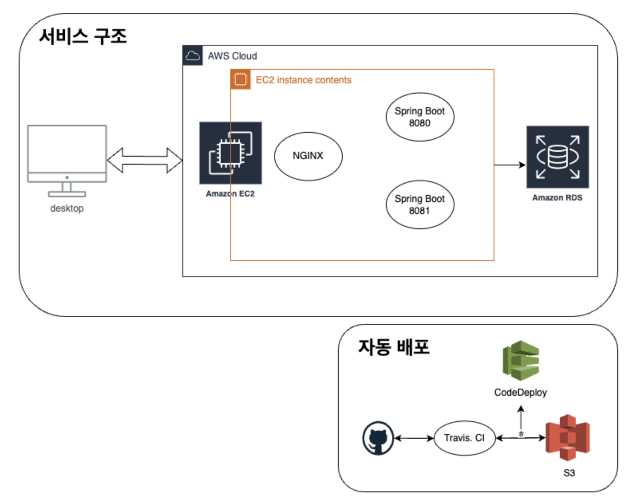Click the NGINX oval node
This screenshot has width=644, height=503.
point(308,156)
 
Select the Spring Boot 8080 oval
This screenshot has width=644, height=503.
point(419,117)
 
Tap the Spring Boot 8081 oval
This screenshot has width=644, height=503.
point(419,204)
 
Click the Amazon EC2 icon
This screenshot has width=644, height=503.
point(230,153)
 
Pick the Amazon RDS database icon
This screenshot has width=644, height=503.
point(557,157)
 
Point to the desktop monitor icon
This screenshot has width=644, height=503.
point(67,159)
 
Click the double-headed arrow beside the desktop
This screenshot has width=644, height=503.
point(144,160)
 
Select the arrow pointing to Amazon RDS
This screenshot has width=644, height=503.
point(510,165)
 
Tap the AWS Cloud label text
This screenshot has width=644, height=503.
point(232,56)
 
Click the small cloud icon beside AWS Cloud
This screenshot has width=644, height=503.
point(193,55)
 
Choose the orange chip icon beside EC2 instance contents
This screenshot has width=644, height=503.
point(241,79)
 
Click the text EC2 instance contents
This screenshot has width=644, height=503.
point(303,80)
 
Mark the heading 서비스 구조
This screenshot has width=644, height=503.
point(83,37)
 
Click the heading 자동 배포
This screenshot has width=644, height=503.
point(393,347)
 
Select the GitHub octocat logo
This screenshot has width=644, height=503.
point(378,438)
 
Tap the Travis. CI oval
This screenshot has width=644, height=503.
point(464,438)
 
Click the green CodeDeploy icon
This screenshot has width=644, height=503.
point(521,360)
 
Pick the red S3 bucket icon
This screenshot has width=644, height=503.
point(567,437)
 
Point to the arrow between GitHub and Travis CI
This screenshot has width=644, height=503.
point(414,438)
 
